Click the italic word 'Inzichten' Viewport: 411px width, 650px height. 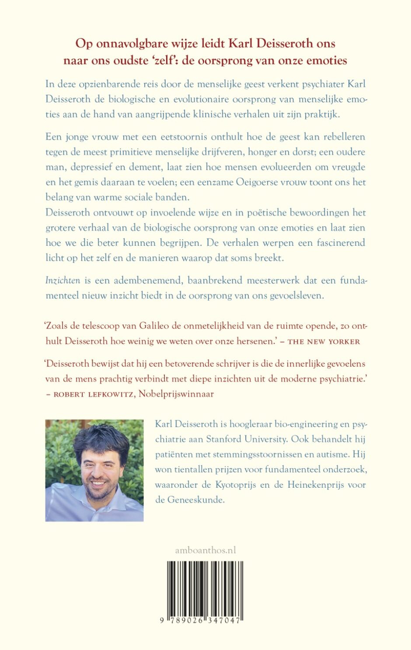coord(63,280)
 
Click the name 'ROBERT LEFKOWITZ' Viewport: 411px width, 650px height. coord(94,394)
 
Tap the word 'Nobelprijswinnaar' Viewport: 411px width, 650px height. coord(176,394)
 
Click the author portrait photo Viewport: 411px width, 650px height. coord(94,470)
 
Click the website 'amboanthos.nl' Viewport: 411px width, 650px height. coord(205,550)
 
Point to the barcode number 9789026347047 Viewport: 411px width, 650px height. coord(201,621)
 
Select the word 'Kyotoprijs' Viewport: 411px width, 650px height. coord(236,485)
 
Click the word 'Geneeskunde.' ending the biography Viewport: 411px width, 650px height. coord(196,500)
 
